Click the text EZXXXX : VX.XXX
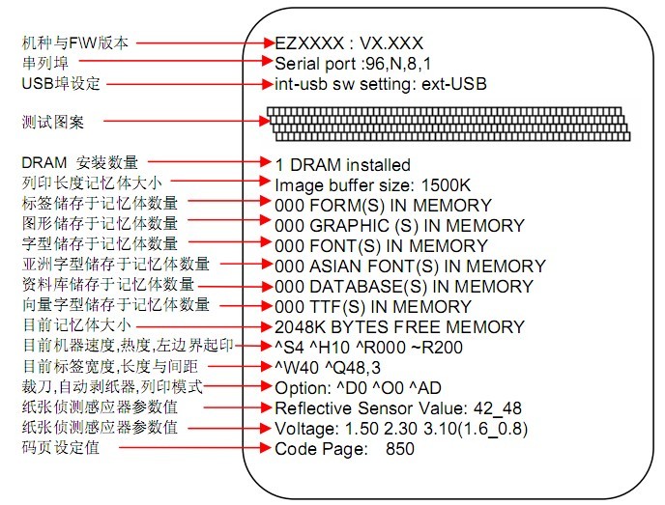[349, 43]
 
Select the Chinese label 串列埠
[45, 63]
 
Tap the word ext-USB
[453, 84]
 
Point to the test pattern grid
[448, 124]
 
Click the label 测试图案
[53, 122]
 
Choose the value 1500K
[446, 185]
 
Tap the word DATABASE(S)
[368, 287]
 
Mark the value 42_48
[497, 408]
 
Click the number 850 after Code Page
[399, 449]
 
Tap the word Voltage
[306, 429]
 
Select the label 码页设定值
[61, 447]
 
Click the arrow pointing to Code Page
[195, 447]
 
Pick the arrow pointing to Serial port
[176, 61]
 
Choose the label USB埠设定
[61, 83]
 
